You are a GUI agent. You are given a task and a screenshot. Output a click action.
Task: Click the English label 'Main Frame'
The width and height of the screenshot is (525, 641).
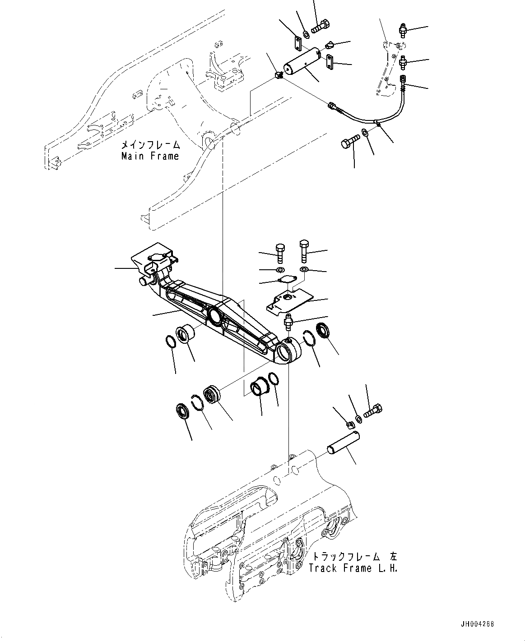pos(150,156)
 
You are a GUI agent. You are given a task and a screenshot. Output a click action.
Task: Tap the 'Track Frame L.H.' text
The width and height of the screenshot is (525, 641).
pos(353,568)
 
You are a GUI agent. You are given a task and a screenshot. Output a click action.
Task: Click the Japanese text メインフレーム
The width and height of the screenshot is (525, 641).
pos(150,145)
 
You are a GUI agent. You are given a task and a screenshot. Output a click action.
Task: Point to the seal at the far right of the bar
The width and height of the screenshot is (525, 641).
pos(324,332)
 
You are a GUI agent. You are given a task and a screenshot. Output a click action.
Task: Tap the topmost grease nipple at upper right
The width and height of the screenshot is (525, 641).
pos(403,29)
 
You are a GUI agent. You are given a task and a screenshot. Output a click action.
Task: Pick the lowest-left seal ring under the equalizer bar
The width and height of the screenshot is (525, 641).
pos(182,411)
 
